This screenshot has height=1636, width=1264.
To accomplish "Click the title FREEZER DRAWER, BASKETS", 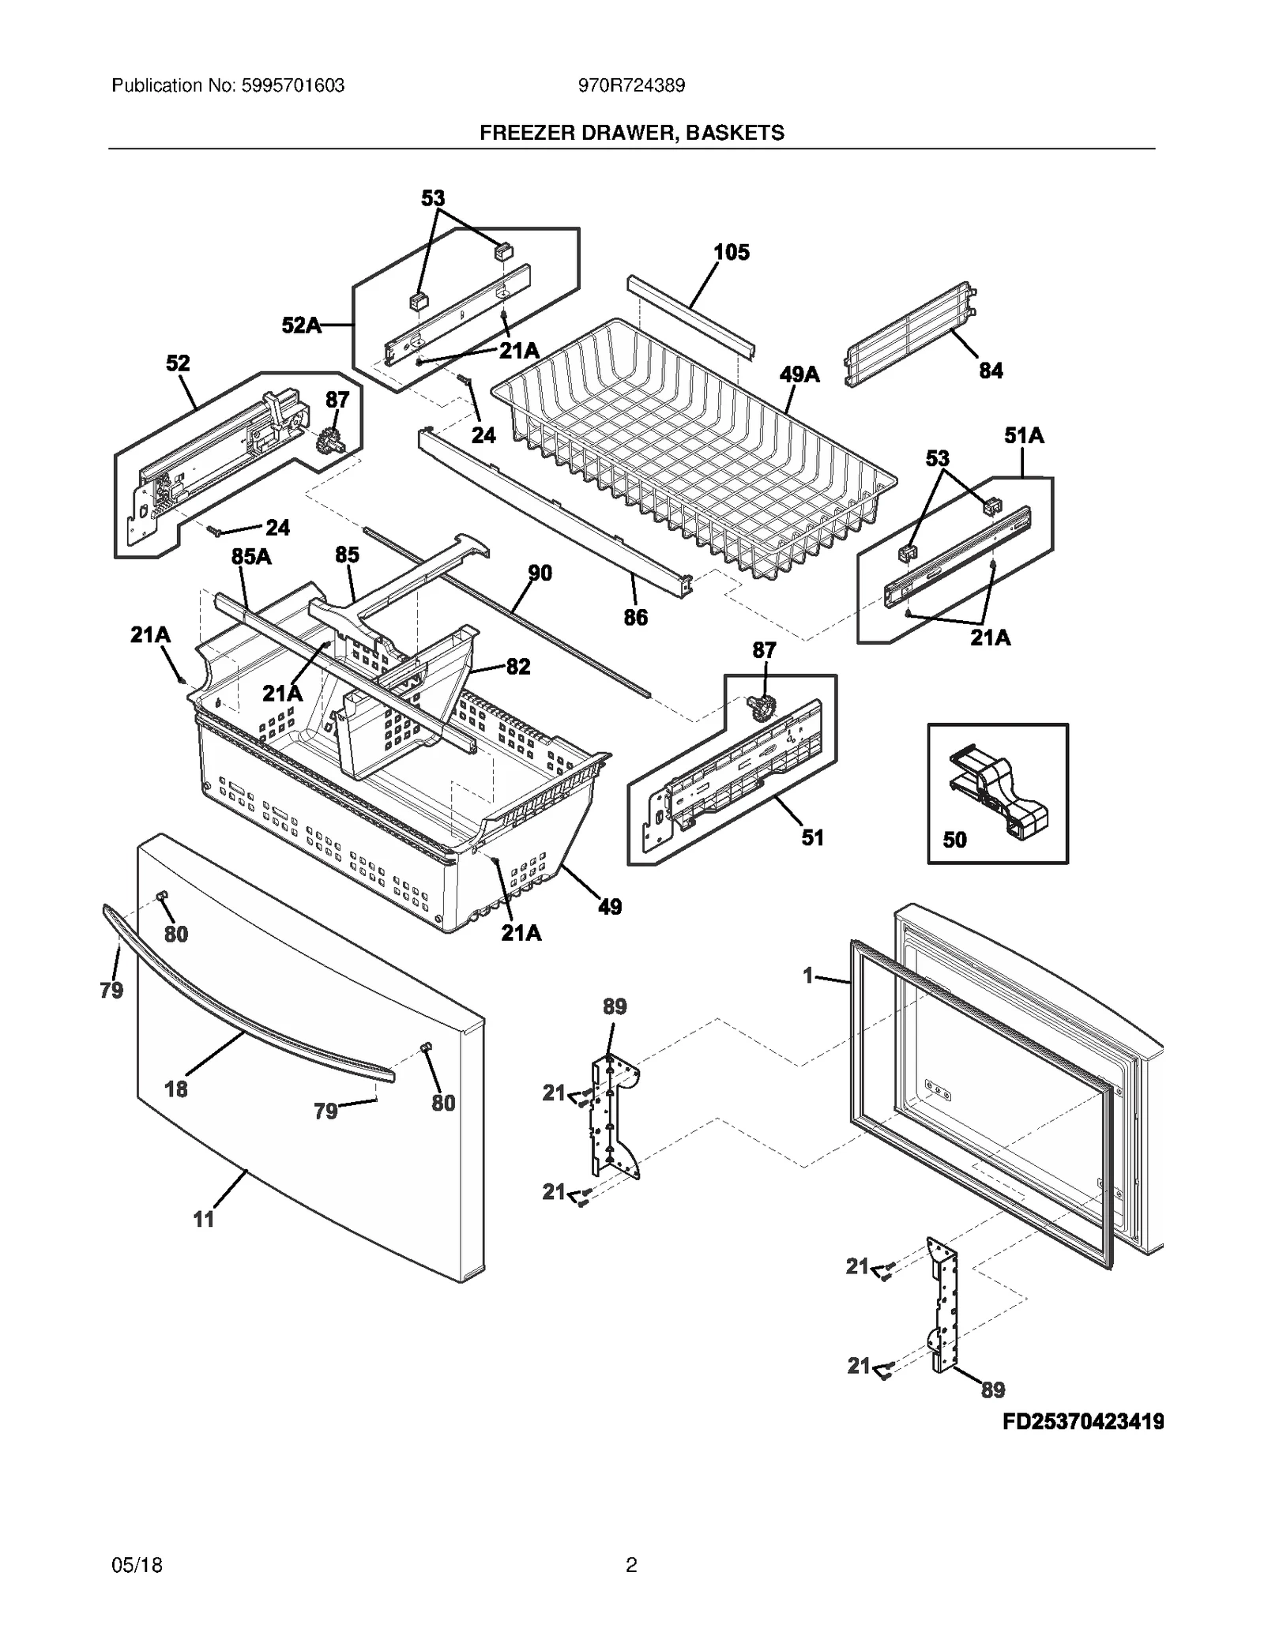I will pos(632,133).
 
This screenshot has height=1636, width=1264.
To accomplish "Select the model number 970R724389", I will pos(631,86).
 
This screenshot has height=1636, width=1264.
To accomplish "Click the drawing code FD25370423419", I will pos(1083,1422).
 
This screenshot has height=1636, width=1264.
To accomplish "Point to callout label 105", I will pos(731,253).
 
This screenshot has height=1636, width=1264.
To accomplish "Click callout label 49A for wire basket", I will pos(799,374).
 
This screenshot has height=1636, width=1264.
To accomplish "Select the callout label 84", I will pos(991,370).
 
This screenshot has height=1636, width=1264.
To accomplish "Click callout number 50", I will pos(954,840).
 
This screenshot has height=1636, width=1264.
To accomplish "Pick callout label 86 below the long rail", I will pos(635,618).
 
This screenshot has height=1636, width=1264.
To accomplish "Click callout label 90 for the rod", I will pos(540,573).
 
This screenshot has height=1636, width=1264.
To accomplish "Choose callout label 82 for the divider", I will pos(517,667).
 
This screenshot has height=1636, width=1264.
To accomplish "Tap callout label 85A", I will pos(251,557).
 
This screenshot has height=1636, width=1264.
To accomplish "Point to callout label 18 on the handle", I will pos(175,1089).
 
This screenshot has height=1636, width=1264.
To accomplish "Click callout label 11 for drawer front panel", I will pos(204,1220).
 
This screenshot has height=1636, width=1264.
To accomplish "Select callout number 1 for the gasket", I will pos(807,976).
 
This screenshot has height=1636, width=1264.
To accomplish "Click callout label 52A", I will pos(301,325).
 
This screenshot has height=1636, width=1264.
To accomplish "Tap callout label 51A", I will pos(1024,435).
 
